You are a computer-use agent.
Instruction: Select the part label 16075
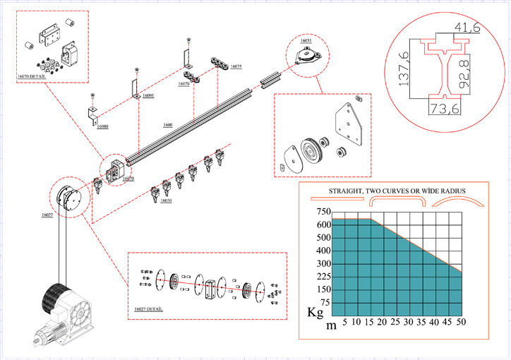click(x=236, y=66)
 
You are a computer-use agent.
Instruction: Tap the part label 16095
click(x=148, y=95)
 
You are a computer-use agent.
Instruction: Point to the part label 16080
click(x=103, y=126)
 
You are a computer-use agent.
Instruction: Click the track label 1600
click(x=168, y=125)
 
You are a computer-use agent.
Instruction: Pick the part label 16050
click(x=166, y=200)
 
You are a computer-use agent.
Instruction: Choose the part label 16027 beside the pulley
click(x=47, y=214)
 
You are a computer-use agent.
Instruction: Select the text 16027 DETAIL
click(x=148, y=309)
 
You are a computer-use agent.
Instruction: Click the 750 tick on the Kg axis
click(x=324, y=212)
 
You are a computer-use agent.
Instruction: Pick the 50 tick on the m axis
click(x=461, y=322)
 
